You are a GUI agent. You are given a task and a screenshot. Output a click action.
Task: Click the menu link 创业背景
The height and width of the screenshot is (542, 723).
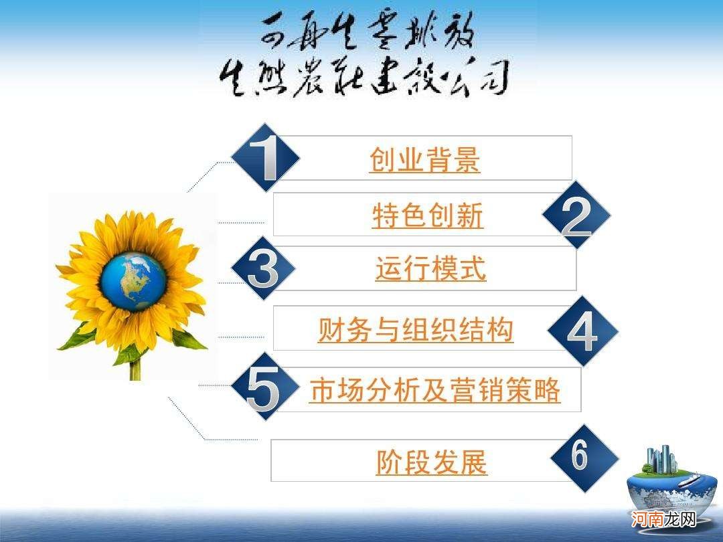tap(424, 160)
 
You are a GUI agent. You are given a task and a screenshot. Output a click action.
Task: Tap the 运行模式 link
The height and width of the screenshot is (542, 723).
tap(430, 269)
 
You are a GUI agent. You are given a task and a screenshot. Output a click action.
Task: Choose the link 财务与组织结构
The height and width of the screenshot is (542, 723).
tap(415, 330)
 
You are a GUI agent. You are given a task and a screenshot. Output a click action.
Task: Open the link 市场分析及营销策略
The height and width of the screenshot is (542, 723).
tap(434, 390)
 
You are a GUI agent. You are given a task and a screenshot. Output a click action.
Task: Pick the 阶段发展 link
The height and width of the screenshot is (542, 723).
tap(432, 462)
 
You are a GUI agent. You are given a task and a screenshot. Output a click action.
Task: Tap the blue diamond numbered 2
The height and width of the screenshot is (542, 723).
tap(576, 215)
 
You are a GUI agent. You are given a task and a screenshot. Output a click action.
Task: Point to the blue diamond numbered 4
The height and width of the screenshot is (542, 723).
tap(582, 331)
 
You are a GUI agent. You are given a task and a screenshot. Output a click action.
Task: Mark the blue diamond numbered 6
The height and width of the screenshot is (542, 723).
tap(582, 458)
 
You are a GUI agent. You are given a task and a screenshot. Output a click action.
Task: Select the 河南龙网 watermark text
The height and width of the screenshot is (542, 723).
tap(665, 519)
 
